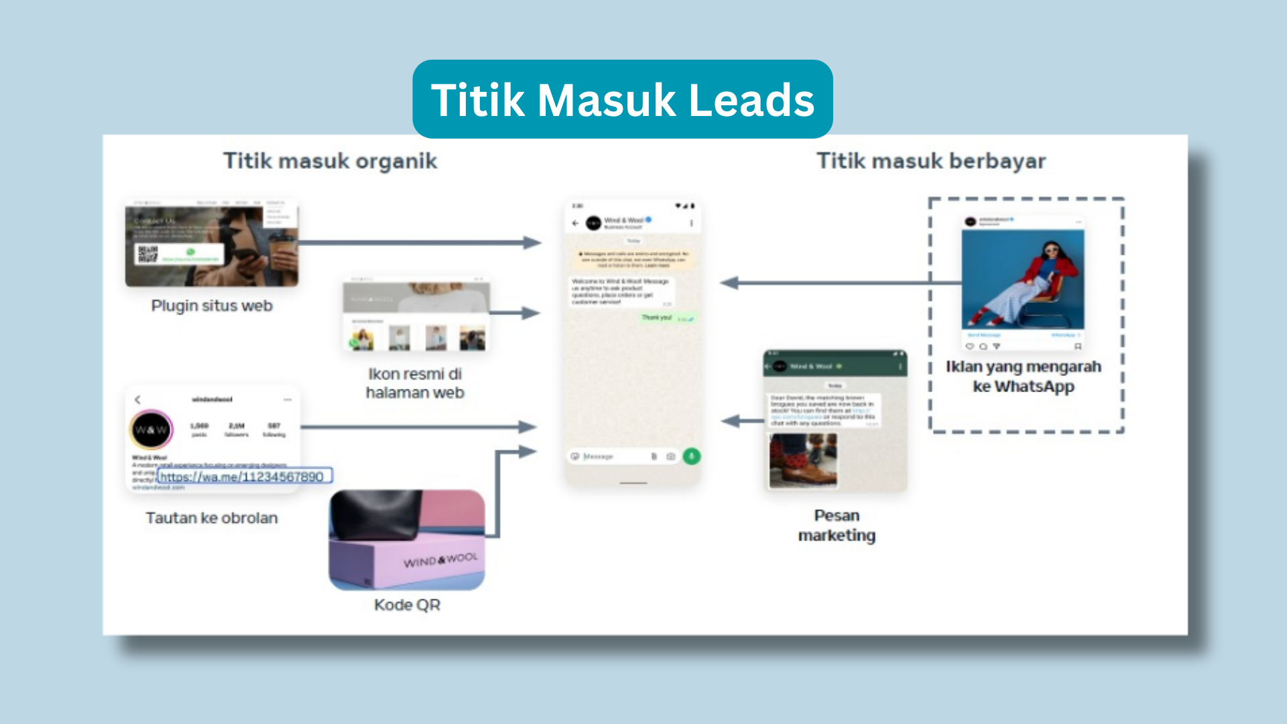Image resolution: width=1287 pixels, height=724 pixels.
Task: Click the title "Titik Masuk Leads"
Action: point(622,100)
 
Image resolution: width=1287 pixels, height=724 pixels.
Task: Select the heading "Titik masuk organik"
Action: point(330,161)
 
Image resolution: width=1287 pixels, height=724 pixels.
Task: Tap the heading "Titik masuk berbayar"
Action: point(930,161)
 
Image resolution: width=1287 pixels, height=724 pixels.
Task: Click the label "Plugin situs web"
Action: point(212,306)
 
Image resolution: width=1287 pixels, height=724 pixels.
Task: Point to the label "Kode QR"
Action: point(407,605)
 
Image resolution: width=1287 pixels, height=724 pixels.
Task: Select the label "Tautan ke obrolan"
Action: point(212,518)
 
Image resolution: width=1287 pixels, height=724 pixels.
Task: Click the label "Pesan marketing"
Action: point(837,525)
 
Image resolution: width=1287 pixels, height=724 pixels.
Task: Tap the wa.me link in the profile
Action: point(242,477)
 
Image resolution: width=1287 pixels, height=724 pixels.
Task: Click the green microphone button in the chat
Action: point(691,457)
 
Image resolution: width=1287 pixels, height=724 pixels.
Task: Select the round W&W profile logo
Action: point(151,430)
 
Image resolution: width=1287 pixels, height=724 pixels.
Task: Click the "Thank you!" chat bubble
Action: point(657,318)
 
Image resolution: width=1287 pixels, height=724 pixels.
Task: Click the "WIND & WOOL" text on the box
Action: point(440,560)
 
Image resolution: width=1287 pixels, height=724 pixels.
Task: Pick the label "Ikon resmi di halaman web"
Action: point(415,383)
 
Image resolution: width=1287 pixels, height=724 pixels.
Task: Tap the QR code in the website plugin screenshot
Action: point(147,254)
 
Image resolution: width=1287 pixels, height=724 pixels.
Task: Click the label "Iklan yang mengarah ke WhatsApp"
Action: point(1024,376)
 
